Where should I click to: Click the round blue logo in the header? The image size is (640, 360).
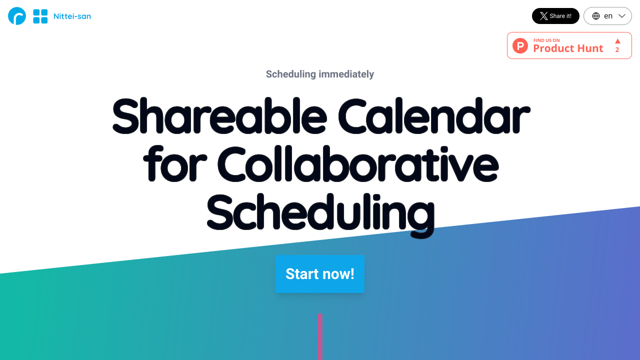(17, 16)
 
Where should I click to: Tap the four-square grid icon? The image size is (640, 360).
(40, 16)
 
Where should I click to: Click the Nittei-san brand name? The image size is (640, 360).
(72, 16)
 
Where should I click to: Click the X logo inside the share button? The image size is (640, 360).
(543, 16)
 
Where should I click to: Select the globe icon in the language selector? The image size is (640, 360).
(595, 16)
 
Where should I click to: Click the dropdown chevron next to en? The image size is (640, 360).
(622, 16)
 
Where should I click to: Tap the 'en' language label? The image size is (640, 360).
(608, 16)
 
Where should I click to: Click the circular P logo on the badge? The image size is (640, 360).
(520, 45)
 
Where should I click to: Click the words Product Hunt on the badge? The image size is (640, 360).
(568, 48)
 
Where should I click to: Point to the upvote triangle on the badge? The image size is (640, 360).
(617, 41)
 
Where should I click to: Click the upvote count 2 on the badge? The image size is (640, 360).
(617, 49)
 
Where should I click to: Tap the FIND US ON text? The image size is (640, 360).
(546, 40)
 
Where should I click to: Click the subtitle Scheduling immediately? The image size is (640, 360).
(319, 74)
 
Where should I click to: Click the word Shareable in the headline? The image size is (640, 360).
(219, 115)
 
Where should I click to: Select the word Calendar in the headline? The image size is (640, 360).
(434, 115)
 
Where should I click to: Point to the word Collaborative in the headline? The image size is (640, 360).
(358, 163)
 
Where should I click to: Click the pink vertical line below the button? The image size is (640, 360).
(320, 336)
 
